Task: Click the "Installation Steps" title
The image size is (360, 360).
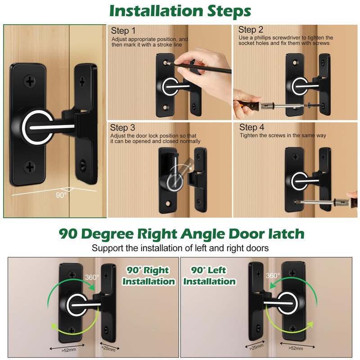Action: tap(180, 11)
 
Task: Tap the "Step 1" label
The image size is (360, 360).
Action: tap(123, 31)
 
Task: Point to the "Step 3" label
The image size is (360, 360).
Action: tap(123, 128)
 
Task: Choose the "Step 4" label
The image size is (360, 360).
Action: tap(252, 128)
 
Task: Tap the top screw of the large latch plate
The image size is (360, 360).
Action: tap(30, 81)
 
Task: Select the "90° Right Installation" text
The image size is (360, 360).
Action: tap(148, 276)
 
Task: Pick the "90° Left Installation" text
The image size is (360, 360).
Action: tap(209, 276)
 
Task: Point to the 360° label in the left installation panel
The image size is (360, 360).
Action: tap(273, 275)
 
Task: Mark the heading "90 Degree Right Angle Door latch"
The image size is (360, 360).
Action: tap(181, 234)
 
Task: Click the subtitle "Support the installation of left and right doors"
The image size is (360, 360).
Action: tap(181, 248)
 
